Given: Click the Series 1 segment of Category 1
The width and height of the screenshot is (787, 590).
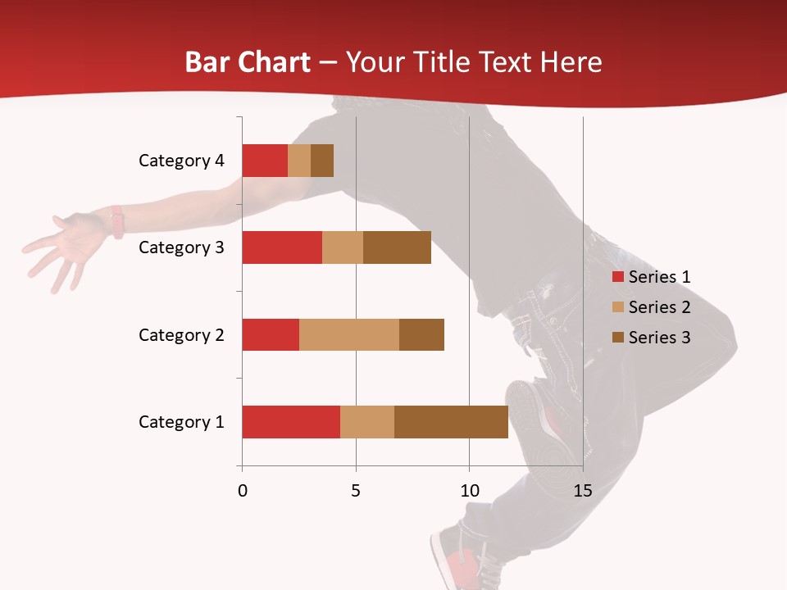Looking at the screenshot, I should (x=291, y=422).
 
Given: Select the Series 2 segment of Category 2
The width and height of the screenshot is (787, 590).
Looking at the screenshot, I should (x=349, y=334).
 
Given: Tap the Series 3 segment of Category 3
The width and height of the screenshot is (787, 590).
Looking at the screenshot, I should (x=397, y=247).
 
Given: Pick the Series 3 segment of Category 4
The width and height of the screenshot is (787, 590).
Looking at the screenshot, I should (x=322, y=161).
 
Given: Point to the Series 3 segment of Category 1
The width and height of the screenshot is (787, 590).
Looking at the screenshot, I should (x=451, y=422).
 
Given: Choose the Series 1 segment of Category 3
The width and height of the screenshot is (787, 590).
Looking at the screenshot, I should (x=282, y=247).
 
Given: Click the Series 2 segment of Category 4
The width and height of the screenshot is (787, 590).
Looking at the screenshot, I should (x=299, y=161).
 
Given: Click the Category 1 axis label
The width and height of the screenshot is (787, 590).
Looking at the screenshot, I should (x=181, y=422).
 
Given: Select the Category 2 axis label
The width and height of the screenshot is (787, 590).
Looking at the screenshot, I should (x=181, y=334).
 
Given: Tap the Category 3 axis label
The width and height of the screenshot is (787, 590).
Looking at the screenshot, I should (x=181, y=247).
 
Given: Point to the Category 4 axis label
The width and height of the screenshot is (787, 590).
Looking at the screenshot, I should (x=181, y=161).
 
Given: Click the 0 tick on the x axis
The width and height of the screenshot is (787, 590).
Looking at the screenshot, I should (x=243, y=491).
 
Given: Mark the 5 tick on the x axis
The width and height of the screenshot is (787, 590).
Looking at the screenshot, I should (x=356, y=491).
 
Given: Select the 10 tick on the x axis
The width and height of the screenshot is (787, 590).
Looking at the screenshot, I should (x=469, y=491).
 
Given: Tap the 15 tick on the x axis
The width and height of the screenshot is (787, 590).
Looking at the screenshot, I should (x=583, y=491).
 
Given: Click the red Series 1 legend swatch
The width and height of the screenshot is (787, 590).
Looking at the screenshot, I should (x=617, y=277).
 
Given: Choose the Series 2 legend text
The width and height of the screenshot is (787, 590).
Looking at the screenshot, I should (x=659, y=307).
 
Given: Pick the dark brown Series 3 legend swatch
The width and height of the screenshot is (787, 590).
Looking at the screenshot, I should (x=617, y=338).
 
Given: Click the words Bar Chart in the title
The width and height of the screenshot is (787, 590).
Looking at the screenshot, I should (x=247, y=62).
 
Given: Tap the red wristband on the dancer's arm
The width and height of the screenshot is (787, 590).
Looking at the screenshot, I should (x=118, y=221).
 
